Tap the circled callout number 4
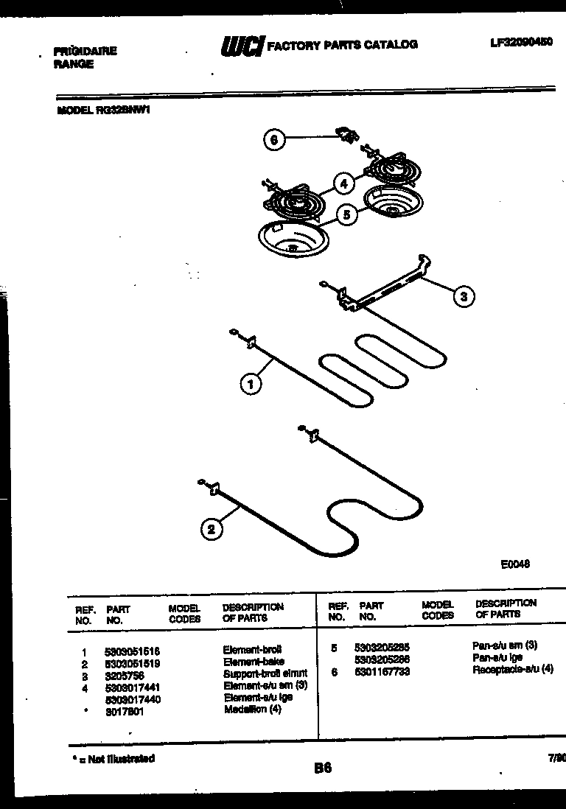click(343, 183)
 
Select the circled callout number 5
click(346, 215)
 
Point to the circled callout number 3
click(463, 297)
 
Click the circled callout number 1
click(251, 383)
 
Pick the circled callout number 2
click(212, 529)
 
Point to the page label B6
click(322, 768)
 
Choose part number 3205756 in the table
click(123, 674)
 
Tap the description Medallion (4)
click(252, 710)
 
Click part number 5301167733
click(382, 671)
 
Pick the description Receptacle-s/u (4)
click(512, 669)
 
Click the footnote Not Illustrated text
click(113, 758)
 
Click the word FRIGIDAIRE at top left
click(85, 52)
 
